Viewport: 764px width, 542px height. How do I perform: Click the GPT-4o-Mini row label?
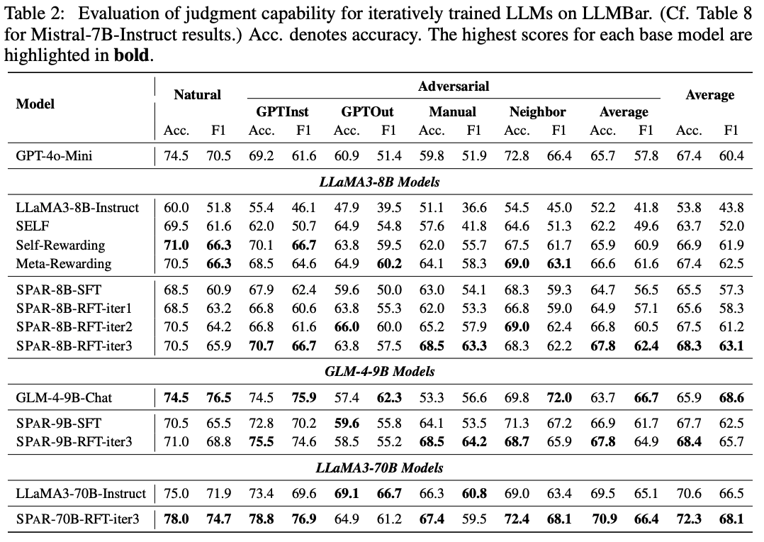point(54,156)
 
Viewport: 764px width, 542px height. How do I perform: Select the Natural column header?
point(197,94)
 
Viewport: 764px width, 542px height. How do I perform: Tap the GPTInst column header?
point(282,112)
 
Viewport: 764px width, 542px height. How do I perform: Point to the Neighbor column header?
point(537,112)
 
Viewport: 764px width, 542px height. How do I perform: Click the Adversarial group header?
point(454,87)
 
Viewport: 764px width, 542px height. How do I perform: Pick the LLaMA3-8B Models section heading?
point(381,182)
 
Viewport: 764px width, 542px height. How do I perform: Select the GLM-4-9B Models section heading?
point(381,371)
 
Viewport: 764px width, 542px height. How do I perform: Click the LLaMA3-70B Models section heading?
point(381,468)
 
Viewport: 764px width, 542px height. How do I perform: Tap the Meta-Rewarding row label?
point(64,264)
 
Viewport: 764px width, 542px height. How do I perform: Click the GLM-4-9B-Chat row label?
point(64,397)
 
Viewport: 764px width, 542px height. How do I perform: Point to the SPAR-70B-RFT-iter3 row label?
point(77,520)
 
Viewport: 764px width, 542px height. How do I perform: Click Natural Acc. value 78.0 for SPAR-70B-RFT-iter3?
point(176,520)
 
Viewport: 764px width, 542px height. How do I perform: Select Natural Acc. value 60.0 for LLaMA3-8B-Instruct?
point(176,208)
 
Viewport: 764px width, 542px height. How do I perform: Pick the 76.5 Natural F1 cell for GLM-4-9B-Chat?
point(218,397)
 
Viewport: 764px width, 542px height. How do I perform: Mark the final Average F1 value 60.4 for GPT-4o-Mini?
point(731,156)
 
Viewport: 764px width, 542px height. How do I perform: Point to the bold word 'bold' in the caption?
point(133,56)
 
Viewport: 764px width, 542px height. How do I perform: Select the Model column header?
point(35,104)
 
